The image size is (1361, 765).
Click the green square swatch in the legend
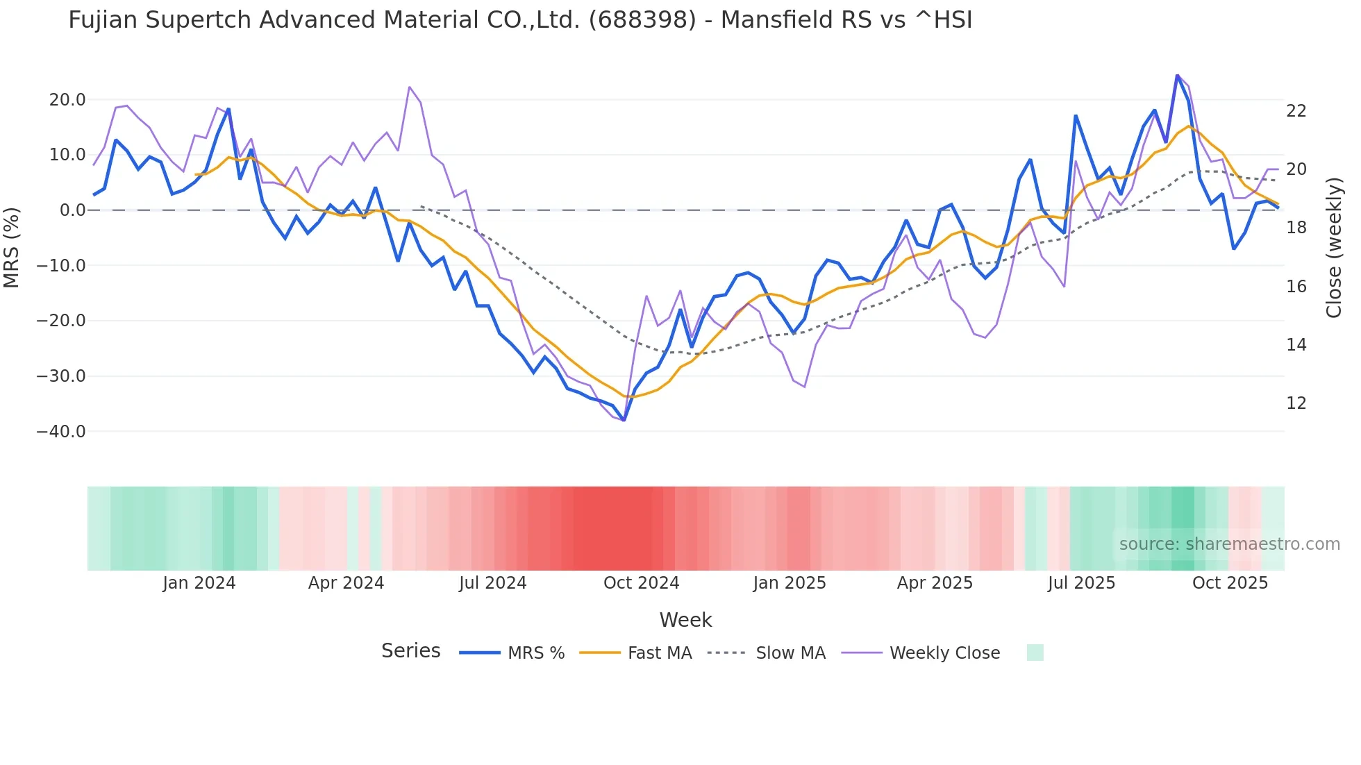[1035, 653]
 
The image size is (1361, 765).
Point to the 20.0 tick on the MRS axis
[67, 100]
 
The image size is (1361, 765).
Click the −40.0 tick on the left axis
[61, 432]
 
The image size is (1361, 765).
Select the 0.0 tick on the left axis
[73, 210]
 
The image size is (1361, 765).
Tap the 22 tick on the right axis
[1296, 111]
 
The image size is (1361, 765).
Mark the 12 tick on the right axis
[1296, 403]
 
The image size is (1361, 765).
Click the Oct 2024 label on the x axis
[641, 583]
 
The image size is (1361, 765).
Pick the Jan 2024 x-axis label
[199, 583]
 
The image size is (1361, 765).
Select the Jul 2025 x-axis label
[1081, 583]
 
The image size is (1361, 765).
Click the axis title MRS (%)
[12, 247]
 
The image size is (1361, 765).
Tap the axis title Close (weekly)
[1334, 248]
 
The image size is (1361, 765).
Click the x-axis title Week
[685, 620]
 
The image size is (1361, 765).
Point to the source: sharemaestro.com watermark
[1229, 544]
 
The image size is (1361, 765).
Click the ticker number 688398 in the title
[642, 20]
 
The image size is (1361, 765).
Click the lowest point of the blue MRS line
[624, 420]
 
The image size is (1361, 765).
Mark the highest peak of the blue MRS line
[1177, 75]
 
